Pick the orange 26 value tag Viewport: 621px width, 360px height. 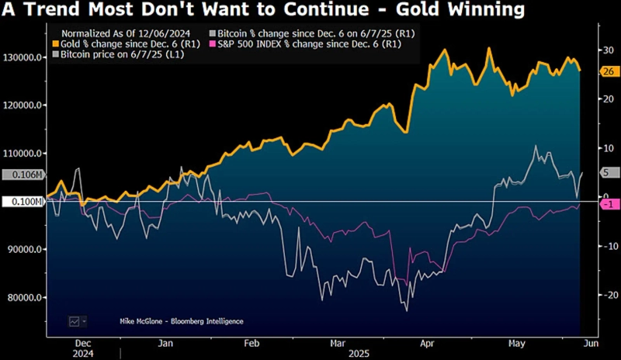pyautogui.click(x=608, y=71)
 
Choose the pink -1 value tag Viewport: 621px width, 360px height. pyautogui.click(x=609, y=204)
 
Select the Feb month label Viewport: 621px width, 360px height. pyautogui.click(x=251, y=342)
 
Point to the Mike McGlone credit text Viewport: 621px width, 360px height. pyautogui.click(x=181, y=321)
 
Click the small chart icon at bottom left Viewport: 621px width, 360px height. pyautogui.click(x=75, y=321)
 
